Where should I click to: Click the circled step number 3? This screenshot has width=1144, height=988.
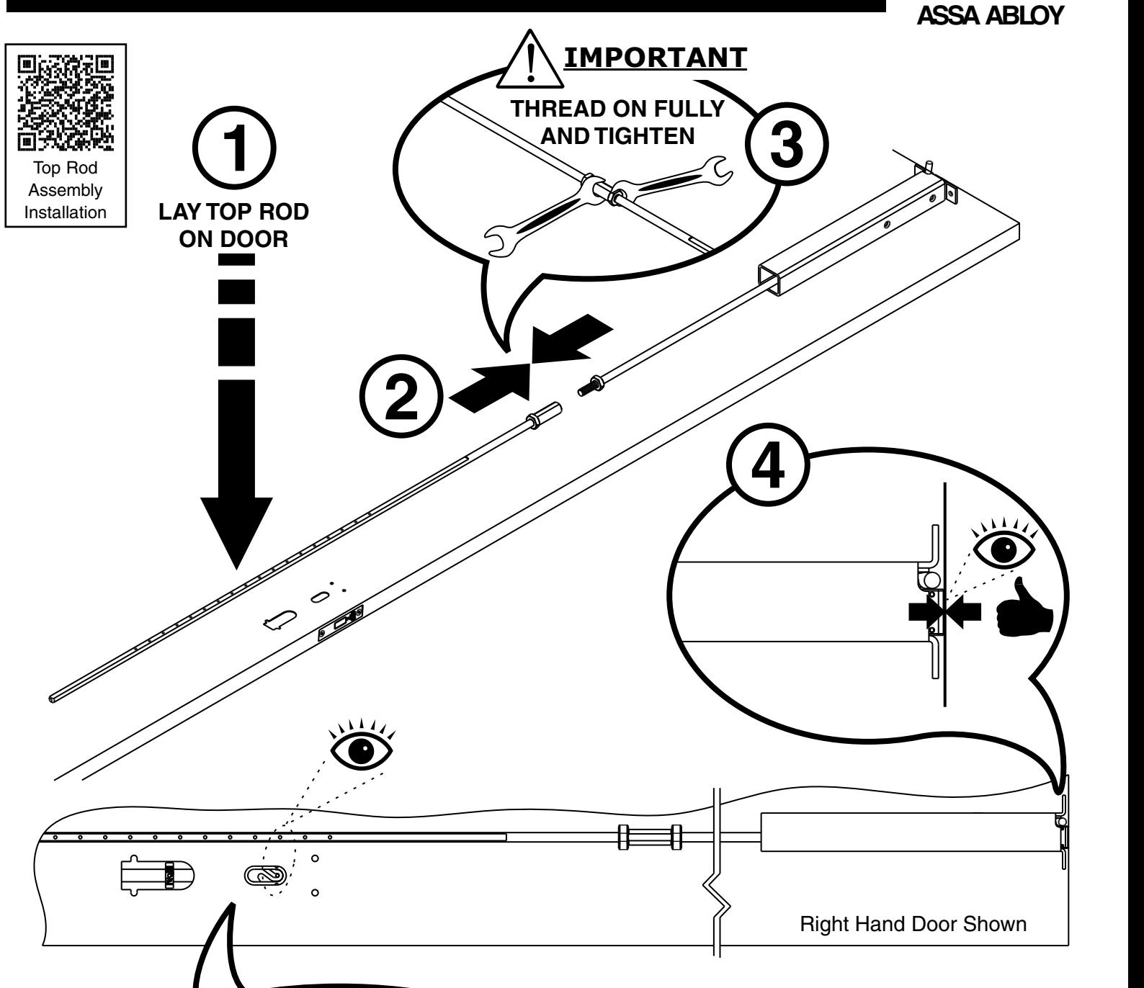(x=785, y=141)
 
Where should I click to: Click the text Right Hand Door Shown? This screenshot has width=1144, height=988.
(x=913, y=924)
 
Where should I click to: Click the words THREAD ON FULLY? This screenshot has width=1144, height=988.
(x=617, y=109)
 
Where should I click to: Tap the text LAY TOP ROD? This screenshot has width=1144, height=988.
(x=233, y=212)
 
